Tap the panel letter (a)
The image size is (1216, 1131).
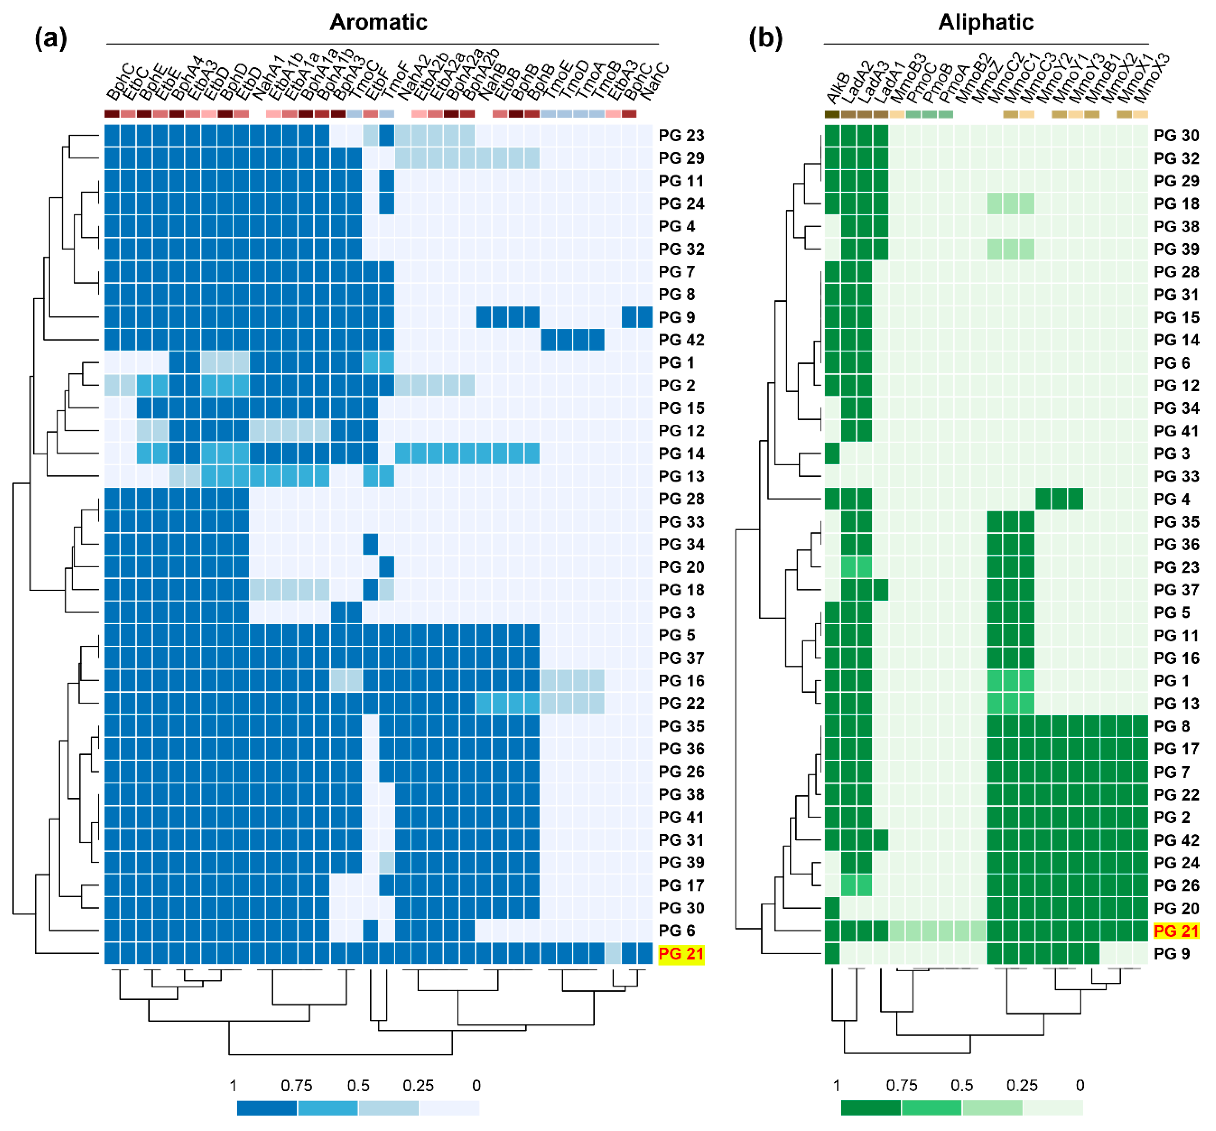[x=51, y=38]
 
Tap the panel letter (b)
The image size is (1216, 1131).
[x=765, y=38]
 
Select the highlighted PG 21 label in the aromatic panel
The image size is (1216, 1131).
[x=681, y=954]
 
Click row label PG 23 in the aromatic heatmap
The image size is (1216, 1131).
[x=681, y=135]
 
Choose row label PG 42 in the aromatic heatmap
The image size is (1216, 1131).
[x=681, y=340]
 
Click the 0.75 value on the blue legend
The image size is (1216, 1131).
[x=297, y=1086]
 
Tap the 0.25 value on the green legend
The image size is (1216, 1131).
[x=1021, y=1086]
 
